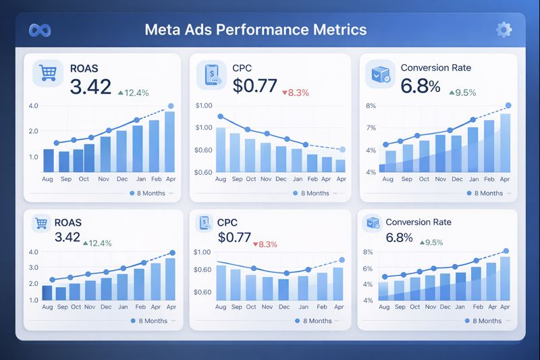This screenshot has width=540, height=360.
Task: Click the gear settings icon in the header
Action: [x=503, y=30]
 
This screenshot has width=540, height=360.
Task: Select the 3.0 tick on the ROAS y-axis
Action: [x=34, y=267]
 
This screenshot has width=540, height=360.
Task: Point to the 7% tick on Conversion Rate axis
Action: [x=371, y=128]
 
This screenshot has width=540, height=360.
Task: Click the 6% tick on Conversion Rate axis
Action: [x=368, y=269]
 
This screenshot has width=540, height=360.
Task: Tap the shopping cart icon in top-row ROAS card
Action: [x=47, y=73]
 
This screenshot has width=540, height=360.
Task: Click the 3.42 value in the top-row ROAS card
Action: [x=90, y=86]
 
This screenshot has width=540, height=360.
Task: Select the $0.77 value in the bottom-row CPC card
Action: [x=234, y=238]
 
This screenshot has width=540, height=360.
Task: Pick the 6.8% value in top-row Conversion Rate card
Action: [x=420, y=86]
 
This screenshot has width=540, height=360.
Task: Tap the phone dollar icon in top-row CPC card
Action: [x=212, y=73]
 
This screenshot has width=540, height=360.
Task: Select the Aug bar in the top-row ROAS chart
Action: [x=48, y=160]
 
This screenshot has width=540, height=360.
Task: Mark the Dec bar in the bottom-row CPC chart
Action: [x=283, y=288]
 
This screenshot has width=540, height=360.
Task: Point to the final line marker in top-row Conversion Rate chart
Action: [x=508, y=105]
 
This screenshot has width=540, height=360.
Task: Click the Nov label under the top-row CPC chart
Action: [x=265, y=180]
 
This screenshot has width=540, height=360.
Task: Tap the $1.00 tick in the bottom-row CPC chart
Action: [x=202, y=253]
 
